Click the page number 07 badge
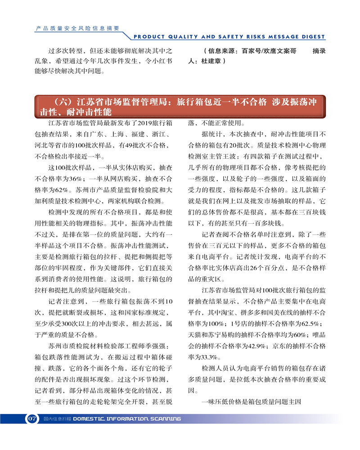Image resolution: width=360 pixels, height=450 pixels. [x=31, y=418]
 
